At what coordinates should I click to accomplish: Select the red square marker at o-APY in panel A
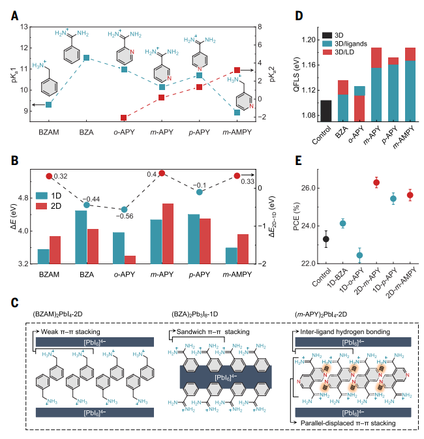123,117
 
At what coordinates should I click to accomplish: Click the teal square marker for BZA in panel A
86,58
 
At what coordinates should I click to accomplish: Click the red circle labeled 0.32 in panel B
48,176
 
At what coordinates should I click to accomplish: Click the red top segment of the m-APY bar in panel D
376,57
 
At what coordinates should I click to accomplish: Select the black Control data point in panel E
326,239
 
